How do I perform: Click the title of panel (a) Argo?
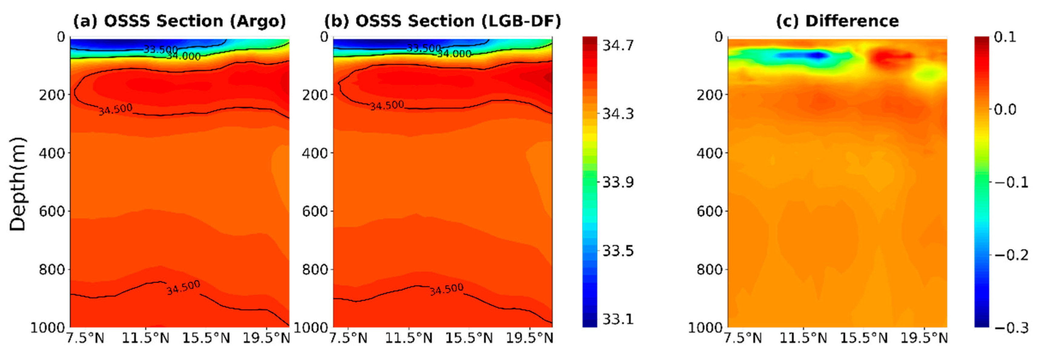(x=179, y=21)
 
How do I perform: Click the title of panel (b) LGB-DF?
(x=443, y=21)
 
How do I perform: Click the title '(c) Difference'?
(x=837, y=21)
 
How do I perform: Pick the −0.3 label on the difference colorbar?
(x=1011, y=328)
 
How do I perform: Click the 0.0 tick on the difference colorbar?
(x=1005, y=109)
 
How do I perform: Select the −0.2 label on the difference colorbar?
(x=1011, y=255)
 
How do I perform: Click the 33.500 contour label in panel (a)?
(x=160, y=49)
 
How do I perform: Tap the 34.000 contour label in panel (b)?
(x=454, y=54)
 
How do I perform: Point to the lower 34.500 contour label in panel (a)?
(x=183, y=287)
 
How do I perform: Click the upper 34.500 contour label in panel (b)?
(x=387, y=106)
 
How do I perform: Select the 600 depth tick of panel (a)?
(x=52, y=211)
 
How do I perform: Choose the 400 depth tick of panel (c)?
(x=710, y=153)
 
